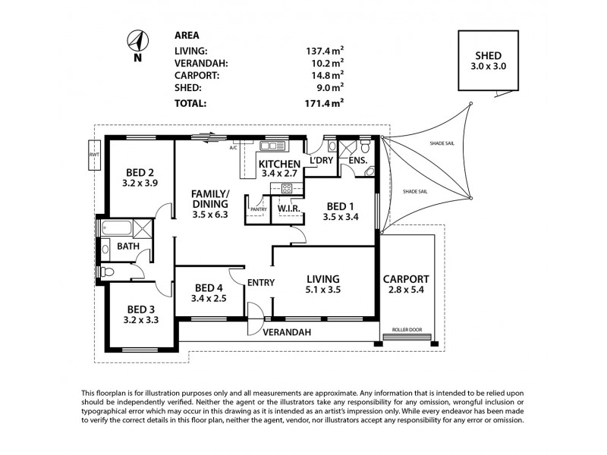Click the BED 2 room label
pyautogui.click(x=139, y=172)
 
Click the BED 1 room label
pyautogui.click(x=341, y=206)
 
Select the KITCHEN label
pyautogui.click(x=279, y=164)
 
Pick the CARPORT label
pyautogui.click(x=406, y=278)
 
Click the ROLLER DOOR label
pyautogui.click(x=407, y=331)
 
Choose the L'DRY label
pyautogui.click(x=319, y=160)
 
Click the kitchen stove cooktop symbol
pyautogui.click(x=288, y=189)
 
